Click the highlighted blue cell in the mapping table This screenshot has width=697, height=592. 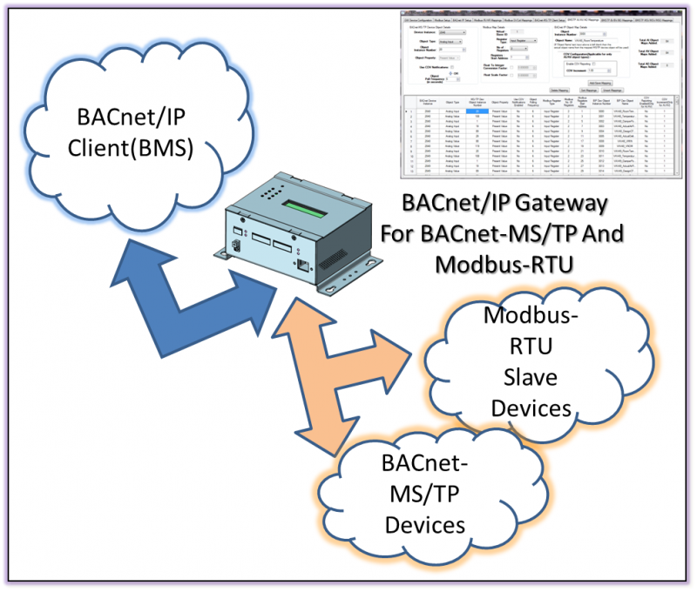tap(475, 111)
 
